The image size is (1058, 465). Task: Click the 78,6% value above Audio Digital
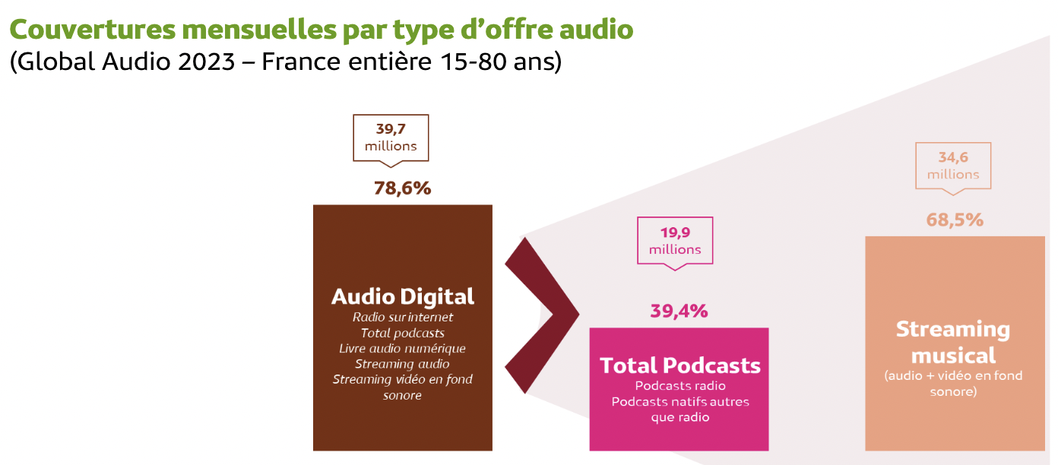pyautogui.click(x=402, y=188)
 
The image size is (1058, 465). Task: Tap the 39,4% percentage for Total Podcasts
pyautogui.click(x=679, y=311)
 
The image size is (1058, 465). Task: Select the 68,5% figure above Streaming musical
pyautogui.click(x=955, y=220)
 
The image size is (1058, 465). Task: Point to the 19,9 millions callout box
pyautogui.click(x=675, y=241)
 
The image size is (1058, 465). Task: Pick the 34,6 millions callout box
pyautogui.click(x=953, y=166)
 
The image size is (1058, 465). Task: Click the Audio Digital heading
pyautogui.click(x=402, y=296)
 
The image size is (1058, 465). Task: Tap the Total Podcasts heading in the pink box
pyautogui.click(x=679, y=365)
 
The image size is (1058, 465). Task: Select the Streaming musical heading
pyautogui.click(x=953, y=342)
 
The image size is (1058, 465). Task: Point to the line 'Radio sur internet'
pyautogui.click(x=402, y=317)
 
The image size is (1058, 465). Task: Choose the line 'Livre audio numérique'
pyautogui.click(x=402, y=348)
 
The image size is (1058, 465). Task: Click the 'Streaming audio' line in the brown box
pyautogui.click(x=402, y=364)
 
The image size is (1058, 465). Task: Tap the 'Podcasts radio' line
pyautogui.click(x=679, y=386)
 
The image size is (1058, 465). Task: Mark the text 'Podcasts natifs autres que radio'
pyautogui.click(x=679, y=409)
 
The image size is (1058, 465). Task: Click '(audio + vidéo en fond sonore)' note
pyautogui.click(x=953, y=384)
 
